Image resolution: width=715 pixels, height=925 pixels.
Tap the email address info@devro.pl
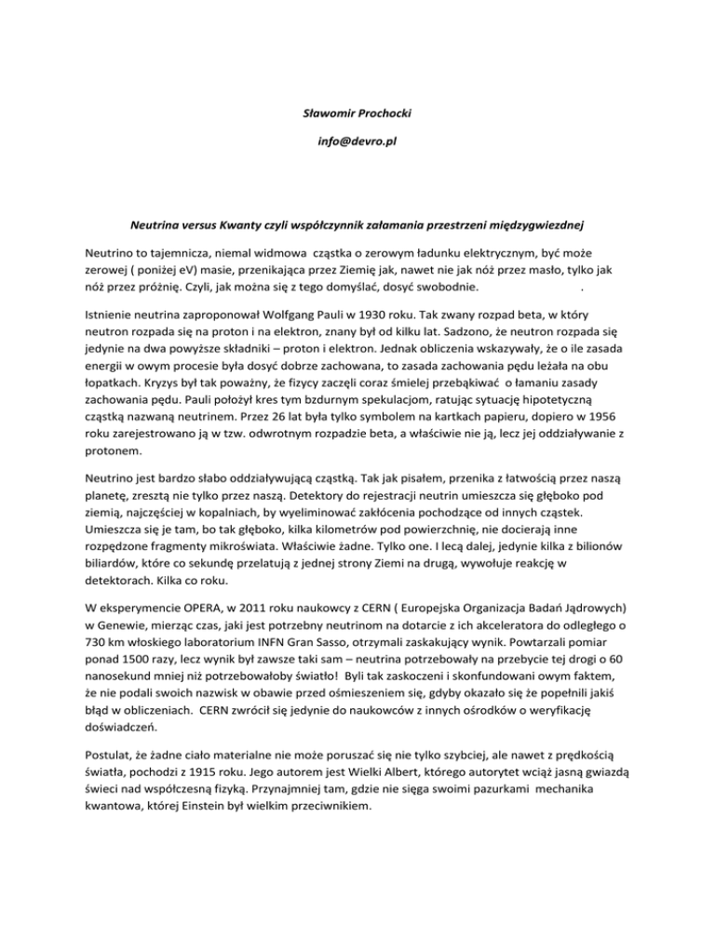(357, 148)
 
